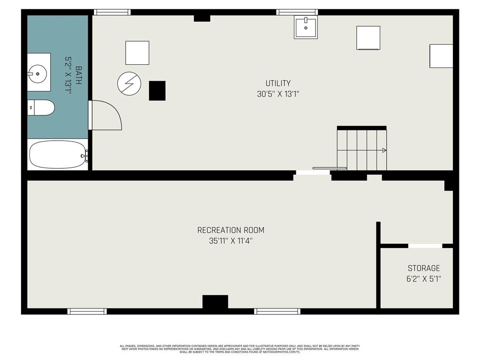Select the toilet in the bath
[41, 107]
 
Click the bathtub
[58, 154]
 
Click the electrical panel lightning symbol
[129, 83]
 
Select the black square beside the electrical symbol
[157, 90]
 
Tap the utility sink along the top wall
[306, 27]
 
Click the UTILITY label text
[278, 83]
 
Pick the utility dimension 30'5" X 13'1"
[278, 94]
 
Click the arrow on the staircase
[384, 150]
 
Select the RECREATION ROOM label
[231, 230]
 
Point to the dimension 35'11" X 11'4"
[231, 241]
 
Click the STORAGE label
[424, 268]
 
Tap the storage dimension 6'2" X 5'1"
[424, 278]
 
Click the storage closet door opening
[425, 246]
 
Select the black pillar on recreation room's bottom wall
[215, 301]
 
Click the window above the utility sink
[297, 12]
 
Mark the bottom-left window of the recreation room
[87, 311]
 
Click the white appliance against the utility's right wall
[441, 56]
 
